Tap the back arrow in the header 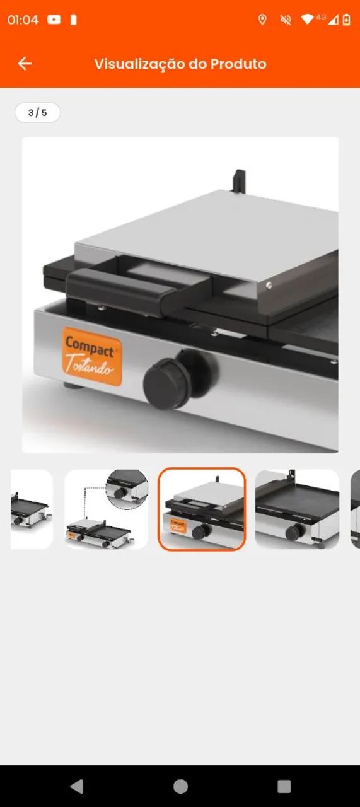pos(25,64)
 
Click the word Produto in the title pos(238,64)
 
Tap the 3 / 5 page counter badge pos(37,112)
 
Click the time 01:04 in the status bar pos(23,20)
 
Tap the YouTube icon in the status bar pos(54,20)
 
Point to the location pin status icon pos(262,20)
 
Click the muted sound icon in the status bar pos(286,20)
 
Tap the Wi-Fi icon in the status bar pos(307,20)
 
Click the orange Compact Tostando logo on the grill pos(91,356)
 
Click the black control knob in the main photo pos(166,383)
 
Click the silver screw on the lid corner pos(269,286)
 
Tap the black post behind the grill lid pos(240,181)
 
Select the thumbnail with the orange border pos(202,509)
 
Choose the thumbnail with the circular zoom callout pos(107,509)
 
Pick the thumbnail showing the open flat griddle pos(298,509)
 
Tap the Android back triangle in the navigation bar pos(77,786)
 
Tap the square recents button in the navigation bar pos(284,786)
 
